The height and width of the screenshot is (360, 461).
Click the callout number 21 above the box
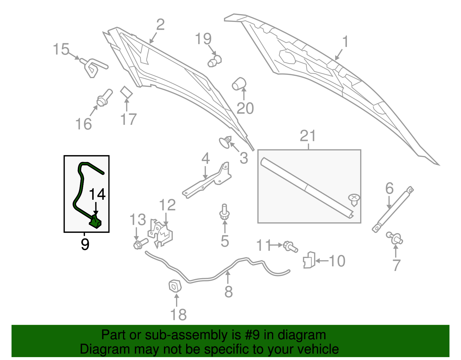(x=308, y=136)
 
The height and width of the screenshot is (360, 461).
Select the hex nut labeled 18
(x=175, y=286)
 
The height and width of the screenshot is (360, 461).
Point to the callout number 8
(x=228, y=292)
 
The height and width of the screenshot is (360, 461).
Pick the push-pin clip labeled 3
(x=226, y=142)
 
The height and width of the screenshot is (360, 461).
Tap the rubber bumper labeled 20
(x=239, y=84)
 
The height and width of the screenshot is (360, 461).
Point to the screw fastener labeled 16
(x=104, y=98)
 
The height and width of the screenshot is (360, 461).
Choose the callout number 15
(x=61, y=49)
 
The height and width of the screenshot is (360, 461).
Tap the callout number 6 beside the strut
(x=389, y=189)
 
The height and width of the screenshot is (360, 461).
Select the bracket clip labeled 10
(x=309, y=260)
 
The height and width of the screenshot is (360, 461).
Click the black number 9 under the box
(x=85, y=244)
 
